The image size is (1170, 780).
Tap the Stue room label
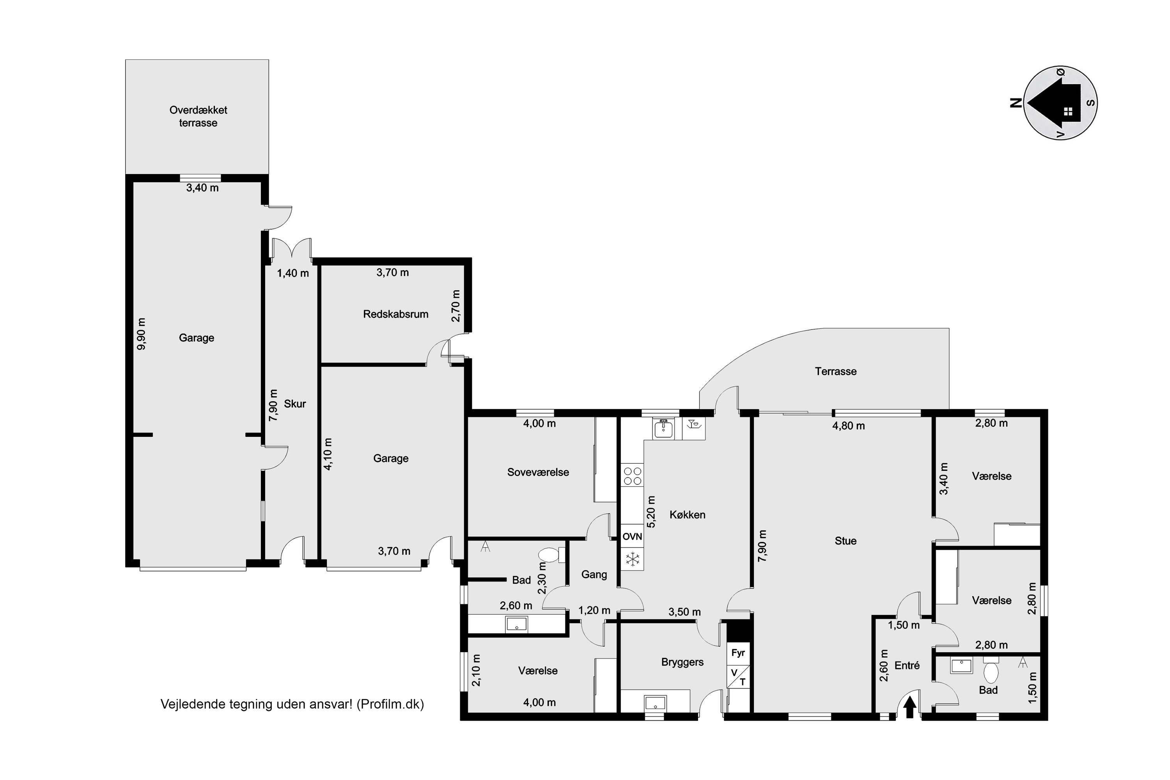tap(845, 541)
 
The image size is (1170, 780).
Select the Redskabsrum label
tap(395, 314)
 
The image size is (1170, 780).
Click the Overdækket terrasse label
tap(198, 116)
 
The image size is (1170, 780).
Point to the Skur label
tap(295, 404)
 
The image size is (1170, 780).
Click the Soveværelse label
tap(538, 472)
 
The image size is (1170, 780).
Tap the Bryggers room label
tap(682, 663)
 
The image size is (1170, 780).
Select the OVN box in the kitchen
tap(632, 537)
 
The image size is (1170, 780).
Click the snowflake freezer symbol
tap(632, 560)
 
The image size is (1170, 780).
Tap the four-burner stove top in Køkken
tap(632, 475)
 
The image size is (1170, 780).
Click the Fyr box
tap(738, 652)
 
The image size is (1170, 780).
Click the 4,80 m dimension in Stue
tap(849, 426)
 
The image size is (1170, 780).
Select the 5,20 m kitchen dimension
tap(651, 511)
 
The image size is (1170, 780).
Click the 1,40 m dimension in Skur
tap(293, 273)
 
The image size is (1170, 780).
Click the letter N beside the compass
tap(1016, 103)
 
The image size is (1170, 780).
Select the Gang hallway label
tap(594, 574)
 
